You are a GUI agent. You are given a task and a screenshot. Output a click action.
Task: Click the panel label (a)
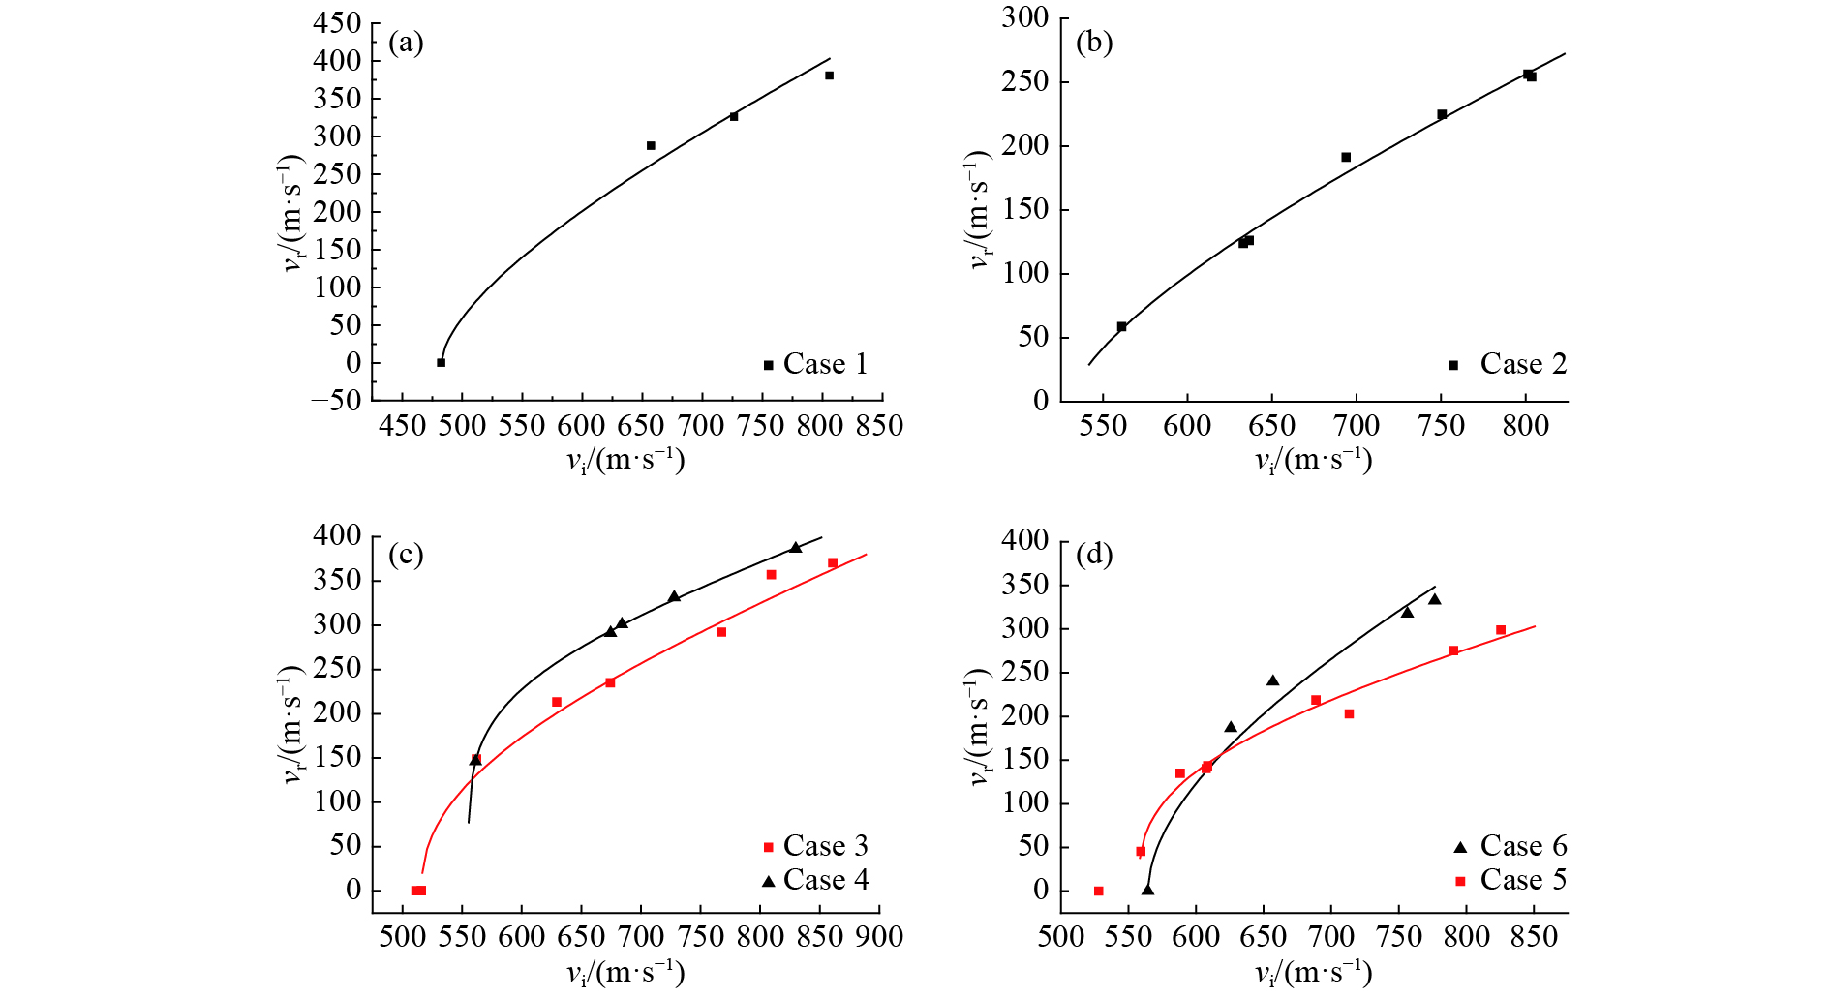[x=406, y=43]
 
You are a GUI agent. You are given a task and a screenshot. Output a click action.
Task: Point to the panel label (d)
[x=1094, y=555]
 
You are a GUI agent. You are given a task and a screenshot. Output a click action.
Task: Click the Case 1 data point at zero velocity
[x=442, y=363]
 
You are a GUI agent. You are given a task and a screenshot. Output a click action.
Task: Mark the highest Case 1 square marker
[x=829, y=76]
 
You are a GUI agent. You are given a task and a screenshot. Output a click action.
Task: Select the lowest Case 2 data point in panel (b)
[x=1121, y=327]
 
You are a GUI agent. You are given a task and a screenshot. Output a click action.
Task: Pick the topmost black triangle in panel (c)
[x=796, y=548]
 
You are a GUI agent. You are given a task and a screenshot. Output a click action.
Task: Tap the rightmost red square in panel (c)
[x=833, y=563]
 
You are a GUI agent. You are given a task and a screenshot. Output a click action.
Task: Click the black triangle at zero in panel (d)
[x=1147, y=890]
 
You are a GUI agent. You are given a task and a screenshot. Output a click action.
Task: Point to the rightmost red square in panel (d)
[x=1501, y=630]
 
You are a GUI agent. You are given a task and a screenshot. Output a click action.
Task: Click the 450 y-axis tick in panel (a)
[x=337, y=23]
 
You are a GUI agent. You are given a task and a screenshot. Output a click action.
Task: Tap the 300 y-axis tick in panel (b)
[x=1026, y=18]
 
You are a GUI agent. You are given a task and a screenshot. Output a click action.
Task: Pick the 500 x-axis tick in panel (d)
[x=1061, y=937]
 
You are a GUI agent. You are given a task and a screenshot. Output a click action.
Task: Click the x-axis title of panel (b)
[x=1313, y=460]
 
